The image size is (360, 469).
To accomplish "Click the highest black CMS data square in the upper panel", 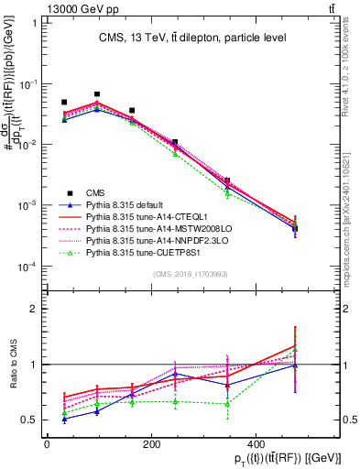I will (97, 94).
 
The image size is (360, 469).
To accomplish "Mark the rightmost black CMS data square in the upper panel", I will (295, 228).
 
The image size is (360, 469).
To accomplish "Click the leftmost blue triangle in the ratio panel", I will (64, 419).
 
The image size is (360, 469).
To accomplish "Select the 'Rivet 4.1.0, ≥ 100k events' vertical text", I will (351, 64).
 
